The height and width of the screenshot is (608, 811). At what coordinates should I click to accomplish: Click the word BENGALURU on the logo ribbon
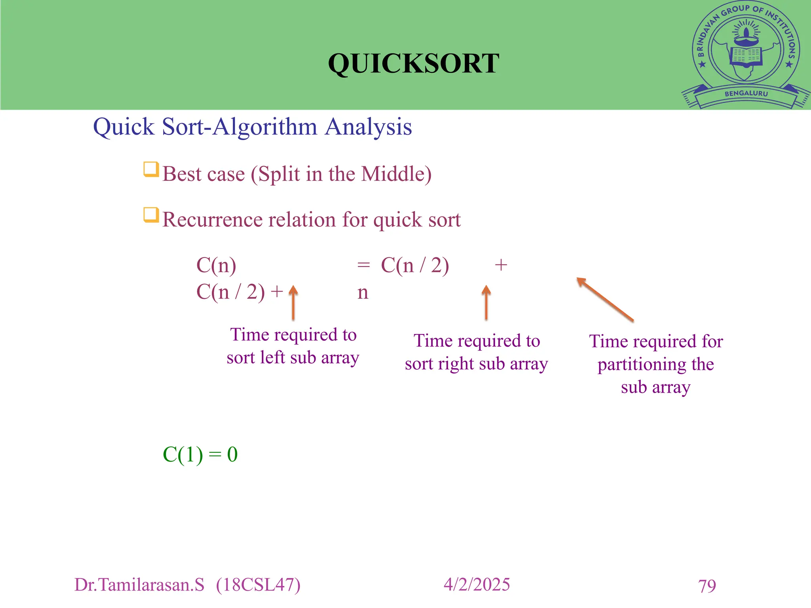click(746, 94)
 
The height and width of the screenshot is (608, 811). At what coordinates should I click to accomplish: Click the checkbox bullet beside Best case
click(151, 169)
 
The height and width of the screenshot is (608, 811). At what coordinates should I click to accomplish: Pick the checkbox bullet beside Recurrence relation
click(151, 215)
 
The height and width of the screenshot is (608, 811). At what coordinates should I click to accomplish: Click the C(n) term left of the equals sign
click(216, 265)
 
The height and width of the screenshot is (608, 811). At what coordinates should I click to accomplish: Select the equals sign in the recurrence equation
click(363, 265)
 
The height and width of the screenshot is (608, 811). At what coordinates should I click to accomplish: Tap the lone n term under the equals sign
click(363, 293)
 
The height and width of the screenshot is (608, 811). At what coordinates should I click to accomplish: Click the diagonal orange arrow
click(605, 299)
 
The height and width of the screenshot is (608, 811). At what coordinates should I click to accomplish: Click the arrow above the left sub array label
click(293, 303)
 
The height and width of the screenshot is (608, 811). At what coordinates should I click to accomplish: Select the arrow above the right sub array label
click(486, 303)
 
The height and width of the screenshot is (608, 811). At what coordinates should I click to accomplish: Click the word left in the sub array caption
click(272, 357)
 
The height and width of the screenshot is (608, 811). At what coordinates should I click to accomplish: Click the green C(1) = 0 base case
click(200, 454)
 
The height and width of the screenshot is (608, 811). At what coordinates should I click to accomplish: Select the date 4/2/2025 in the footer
click(476, 585)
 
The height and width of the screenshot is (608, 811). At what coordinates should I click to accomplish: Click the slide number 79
click(707, 586)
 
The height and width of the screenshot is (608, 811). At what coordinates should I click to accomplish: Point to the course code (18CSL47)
click(258, 585)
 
